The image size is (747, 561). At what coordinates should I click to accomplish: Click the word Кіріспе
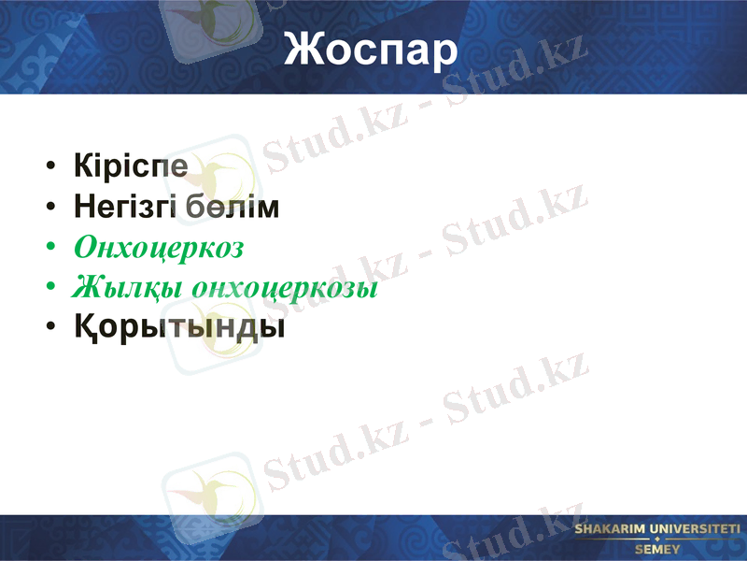click(131, 166)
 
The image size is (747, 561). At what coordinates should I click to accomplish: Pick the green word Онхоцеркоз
click(159, 248)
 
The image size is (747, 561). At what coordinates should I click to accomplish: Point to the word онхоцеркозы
click(284, 289)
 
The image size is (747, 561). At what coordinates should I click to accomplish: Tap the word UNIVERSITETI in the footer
click(700, 530)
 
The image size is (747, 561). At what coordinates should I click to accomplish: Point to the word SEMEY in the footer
click(657, 550)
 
